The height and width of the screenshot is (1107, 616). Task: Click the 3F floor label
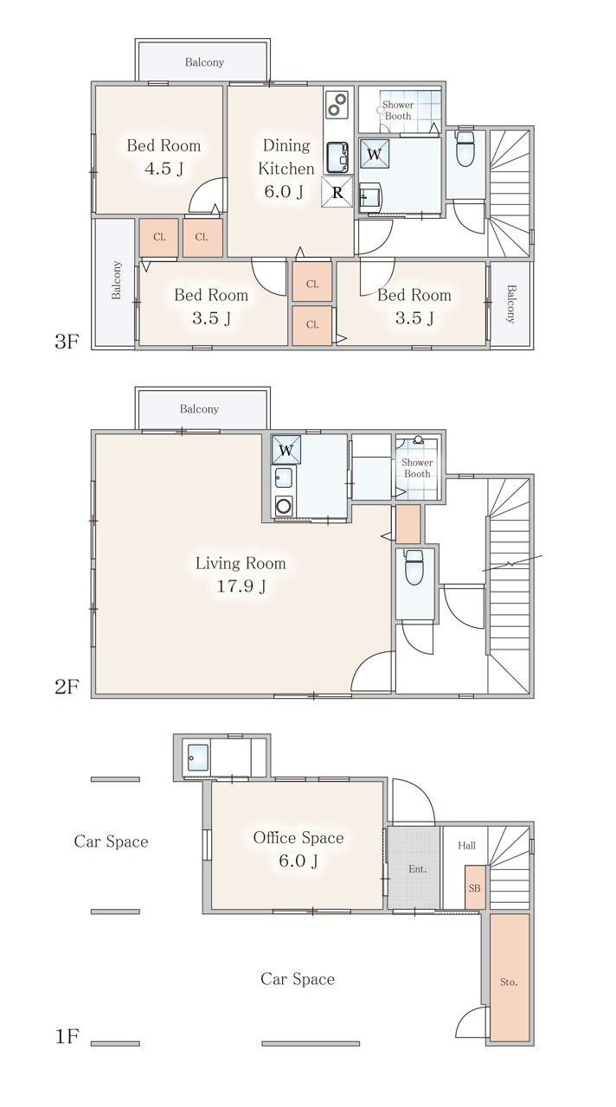[x=67, y=341]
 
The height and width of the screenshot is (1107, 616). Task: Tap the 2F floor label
[x=67, y=687]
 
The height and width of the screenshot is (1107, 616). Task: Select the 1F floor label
[x=67, y=1036]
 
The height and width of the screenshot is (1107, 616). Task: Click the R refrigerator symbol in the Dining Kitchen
[x=337, y=192]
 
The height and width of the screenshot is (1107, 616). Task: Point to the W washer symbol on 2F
[x=286, y=450]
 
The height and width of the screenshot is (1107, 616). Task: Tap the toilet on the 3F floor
[x=465, y=148]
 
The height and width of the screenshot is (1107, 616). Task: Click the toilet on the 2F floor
[x=414, y=568]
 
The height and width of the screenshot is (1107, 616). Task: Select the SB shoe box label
[x=475, y=888]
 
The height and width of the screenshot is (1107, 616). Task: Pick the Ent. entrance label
[x=418, y=869]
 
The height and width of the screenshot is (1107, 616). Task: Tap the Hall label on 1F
[x=466, y=845]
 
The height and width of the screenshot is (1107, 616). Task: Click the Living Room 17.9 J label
[x=241, y=574]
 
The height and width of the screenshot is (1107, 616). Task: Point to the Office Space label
[x=298, y=837]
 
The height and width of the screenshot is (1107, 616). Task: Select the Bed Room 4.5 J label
[x=164, y=157]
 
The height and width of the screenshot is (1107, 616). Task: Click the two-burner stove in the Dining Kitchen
[x=337, y=105]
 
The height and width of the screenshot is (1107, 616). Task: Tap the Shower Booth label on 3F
[x=398, y=110]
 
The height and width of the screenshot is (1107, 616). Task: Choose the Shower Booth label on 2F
[x=417, y=468]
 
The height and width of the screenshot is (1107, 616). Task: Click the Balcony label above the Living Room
[x=199, y=409]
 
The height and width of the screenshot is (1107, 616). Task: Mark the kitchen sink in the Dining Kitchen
[x=337, y=157]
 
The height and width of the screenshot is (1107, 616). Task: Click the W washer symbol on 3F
[x=375, y=154]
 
